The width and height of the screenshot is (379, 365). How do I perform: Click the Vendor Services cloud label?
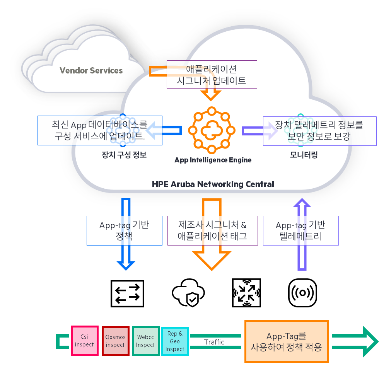[x=91, y=71]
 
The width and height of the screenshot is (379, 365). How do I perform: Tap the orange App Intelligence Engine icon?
[x=212, y=130]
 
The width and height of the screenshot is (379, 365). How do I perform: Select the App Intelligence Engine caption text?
[x=213, y=160]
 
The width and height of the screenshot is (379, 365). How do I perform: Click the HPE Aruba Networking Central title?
[x=213, y=184]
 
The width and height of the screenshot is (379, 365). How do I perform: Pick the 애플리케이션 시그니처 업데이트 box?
[x=212, y=75]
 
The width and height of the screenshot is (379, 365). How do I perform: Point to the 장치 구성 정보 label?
[x=124, y=155]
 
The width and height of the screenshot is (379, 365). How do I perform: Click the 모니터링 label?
[x=304, y=155]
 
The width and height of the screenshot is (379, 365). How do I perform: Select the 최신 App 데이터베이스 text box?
[x=100, y=130]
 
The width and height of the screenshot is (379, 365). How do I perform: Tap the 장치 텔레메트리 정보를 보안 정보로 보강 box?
[x=319, y=131]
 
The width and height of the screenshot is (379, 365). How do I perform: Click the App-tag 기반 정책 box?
[x=124, y=230]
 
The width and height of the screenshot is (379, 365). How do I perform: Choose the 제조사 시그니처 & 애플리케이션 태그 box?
[x=212, y=230]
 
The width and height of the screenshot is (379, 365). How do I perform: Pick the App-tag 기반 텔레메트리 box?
[x=300, y=230]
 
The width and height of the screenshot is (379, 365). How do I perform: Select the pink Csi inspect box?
[x=84, y=341]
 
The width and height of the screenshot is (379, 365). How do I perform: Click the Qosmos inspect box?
[x=115, y=341]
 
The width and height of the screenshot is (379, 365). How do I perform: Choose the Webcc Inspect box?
[x=145, y=341]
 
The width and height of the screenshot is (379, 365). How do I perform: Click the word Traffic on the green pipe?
[x=214, y=342]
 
